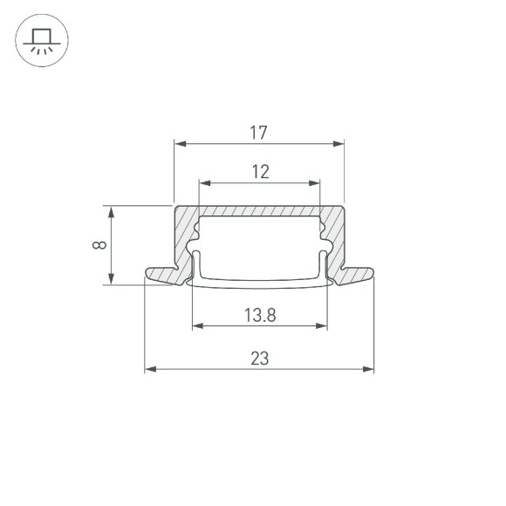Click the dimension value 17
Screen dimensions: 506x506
click(x=258, y=133)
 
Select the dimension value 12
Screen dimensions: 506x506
click(x=260, y=172)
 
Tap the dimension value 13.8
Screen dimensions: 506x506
click(x=260, y=315)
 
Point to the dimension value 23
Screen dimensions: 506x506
click(x=259, y=358)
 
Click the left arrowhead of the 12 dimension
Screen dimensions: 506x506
click(x=205, y=183)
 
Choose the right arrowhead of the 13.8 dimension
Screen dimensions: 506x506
click(x=322, y=326)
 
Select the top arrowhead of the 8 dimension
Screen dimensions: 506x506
click(x=110, y=211)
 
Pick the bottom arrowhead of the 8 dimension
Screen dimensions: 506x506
click(x=110, y=279)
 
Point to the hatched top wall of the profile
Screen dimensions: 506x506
click(x=259, y=211)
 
